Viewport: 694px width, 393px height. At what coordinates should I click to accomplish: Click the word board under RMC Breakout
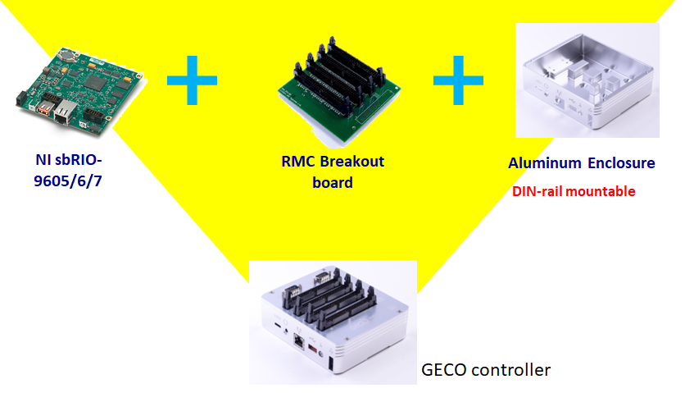332,182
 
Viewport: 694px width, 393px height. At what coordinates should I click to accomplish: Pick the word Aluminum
543,163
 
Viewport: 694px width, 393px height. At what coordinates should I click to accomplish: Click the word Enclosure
620,163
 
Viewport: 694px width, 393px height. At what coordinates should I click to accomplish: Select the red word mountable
604,192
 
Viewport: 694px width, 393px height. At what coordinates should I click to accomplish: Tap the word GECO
446,370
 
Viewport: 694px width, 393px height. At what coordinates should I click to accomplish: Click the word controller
511,370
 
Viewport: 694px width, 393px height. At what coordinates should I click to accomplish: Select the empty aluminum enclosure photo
587,80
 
